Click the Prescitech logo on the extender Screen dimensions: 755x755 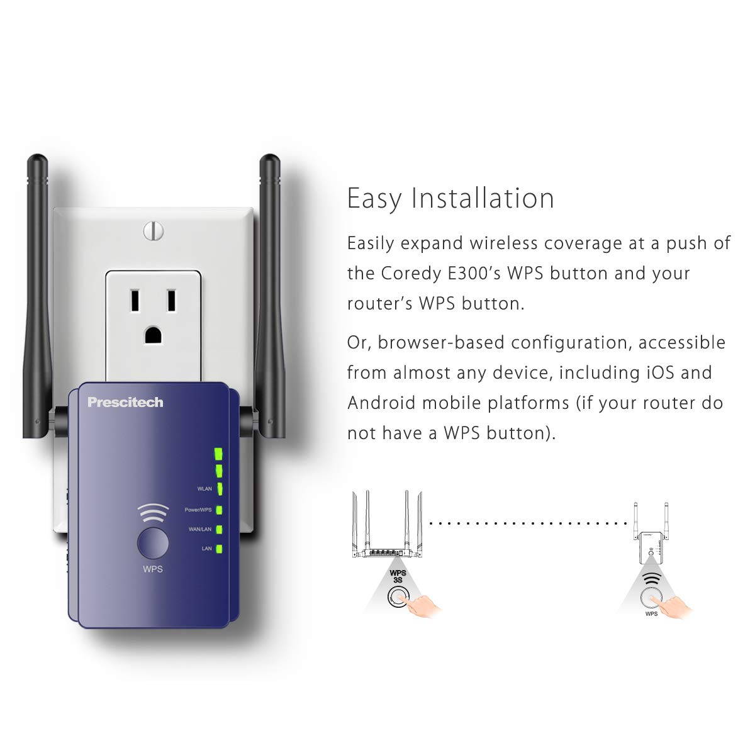(x=125, y=402)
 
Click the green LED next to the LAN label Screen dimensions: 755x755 (x=219, y=549)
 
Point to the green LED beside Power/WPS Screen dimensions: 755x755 (x=219, y=510)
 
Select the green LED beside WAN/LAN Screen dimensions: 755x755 (x=219, y=529)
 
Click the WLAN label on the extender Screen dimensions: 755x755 (x=204, y=488)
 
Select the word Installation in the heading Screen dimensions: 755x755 (x=483, y=198)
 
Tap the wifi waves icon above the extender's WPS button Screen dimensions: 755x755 (x=153, y=514)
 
